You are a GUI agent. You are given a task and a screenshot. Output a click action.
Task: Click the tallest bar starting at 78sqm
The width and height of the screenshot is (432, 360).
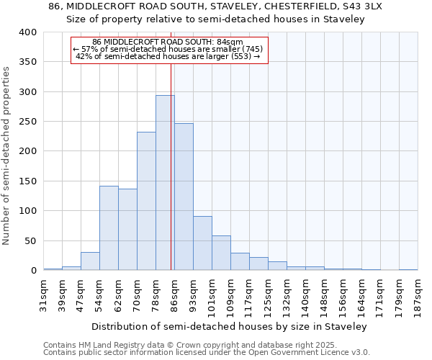pos(165,183)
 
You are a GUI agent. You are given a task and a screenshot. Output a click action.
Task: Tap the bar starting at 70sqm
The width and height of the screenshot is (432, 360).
pos(146,201)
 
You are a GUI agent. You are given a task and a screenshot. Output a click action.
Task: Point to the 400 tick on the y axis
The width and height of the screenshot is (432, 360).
pos(27,32)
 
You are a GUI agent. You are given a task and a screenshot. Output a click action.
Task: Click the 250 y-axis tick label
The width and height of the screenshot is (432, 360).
pos(27,122)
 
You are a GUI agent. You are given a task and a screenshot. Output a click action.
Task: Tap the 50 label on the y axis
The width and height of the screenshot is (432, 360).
pos(30,240)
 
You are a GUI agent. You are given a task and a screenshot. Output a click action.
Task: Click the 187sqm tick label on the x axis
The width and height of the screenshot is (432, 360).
pos(418,297)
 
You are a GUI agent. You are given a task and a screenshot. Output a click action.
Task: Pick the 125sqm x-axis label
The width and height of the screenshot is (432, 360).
pos(269,297)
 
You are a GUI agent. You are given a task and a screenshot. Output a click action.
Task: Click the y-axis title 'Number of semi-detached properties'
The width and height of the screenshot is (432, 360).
pos(6,155)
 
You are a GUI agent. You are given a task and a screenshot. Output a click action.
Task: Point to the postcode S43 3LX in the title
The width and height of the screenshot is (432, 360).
pos(363,6)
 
